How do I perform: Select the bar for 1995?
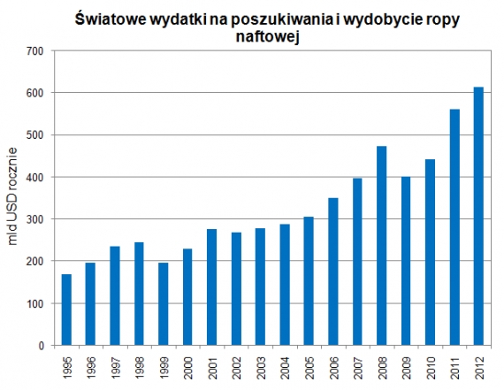67,310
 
